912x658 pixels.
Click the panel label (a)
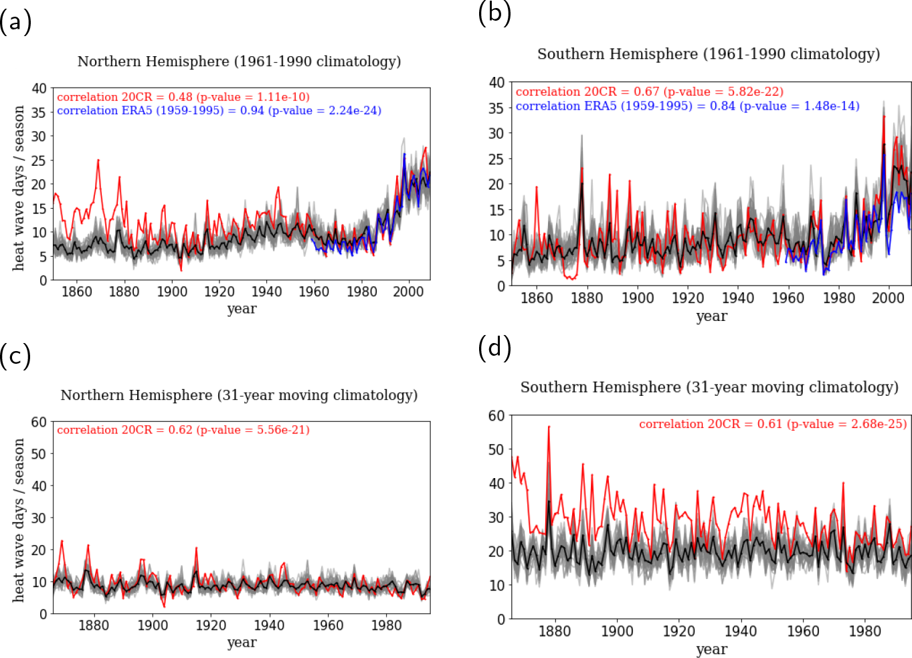pyautogui.click(x=15, y=23)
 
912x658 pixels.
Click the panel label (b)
pyautogui.click(x=494, y=13)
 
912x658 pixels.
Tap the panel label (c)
pyautogui.click(x=15, y=356)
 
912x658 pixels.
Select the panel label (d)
pyautogui.click(x=494, y=348)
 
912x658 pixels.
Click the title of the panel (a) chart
pyautogui.click(x=239, y=62)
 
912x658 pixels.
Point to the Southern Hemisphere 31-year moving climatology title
pyautogui.click(x=709, y=387)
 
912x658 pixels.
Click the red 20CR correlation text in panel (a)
pyautogui.click(x=183, y=97)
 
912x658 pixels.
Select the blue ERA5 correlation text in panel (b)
pyautogui.click(x=687, y=106)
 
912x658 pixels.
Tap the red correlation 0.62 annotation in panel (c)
pyautogui.click(x=183, y=430)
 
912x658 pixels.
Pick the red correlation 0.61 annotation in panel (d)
pyautogui.click(x=773, y=424)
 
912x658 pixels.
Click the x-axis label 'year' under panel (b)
pyautogui.click(x=711, y=316)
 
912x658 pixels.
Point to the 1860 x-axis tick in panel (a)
pyautogui.click(x=76, y=292)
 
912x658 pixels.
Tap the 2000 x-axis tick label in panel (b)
pyautogui.click(x=888, y=298)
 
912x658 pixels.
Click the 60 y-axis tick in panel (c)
pyautogui.click(x=39, y=422)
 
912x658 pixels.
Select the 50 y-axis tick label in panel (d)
pyautogui.click(x=496, y=449)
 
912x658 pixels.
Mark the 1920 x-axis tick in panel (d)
pyautogui.click(x=678, y=631)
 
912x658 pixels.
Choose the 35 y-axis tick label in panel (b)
pyautogui.click(x=496, y=108)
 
